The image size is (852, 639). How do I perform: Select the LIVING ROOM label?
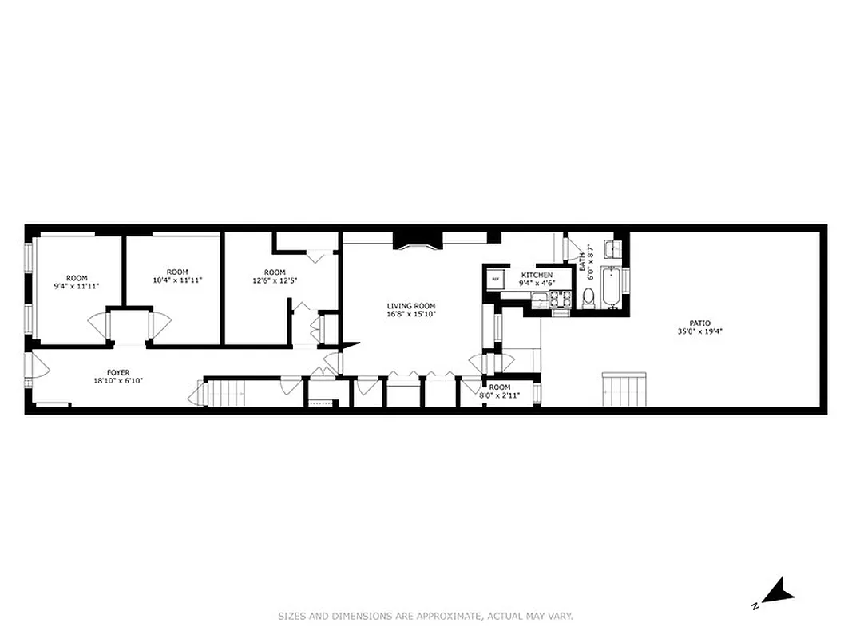pos(411,306)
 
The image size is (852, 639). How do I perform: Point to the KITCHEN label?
pos(536,275)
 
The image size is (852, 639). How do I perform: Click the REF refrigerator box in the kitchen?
pos(495,280)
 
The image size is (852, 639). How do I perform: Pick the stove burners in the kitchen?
pos(560,300)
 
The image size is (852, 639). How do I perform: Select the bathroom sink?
pos(611,247)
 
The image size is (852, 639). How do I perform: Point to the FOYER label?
pos(118,372)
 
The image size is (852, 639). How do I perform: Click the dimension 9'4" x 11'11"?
pos(77,285)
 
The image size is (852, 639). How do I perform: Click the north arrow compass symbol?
pos(775,593)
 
